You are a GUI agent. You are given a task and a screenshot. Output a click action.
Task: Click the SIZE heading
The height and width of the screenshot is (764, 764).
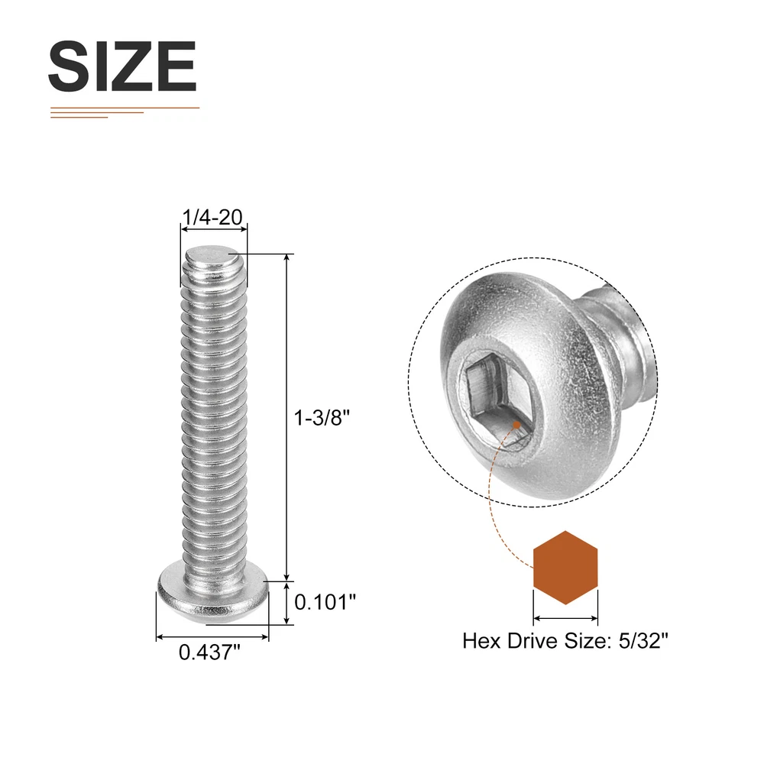pyautogui.click(x=122, y=66)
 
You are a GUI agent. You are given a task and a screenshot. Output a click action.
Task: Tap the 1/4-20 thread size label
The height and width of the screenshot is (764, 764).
pyautogui.click(x=212, y=217)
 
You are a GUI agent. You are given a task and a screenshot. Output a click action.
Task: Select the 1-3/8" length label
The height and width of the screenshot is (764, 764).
pyautogui.click(x=322, y=418)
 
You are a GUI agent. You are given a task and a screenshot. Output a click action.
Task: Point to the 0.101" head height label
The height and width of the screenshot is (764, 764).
pyautogui.click(x=325, y=602)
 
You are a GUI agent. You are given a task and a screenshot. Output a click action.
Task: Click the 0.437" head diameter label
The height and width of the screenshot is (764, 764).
pyautogui.click(x=209, y=652)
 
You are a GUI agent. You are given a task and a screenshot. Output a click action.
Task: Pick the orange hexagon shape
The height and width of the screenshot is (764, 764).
pyautogui.click(x=565, y=568)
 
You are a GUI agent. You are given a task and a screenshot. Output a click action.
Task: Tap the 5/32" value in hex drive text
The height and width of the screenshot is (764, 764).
pyautogui.click(x=643, y=640)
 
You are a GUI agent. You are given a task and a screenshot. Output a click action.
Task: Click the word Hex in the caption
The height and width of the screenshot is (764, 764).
pyautogui.click(x=482, y=641)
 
